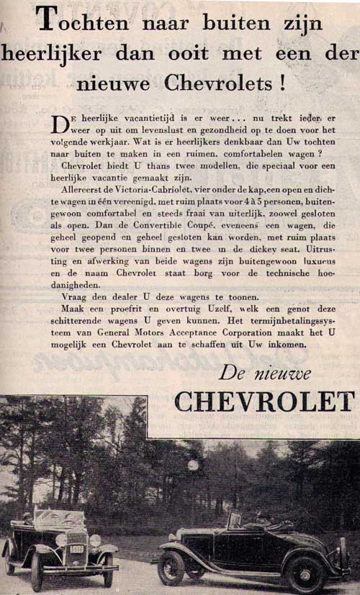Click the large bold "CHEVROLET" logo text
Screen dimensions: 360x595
click(264, 401)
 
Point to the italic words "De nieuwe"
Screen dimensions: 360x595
click(266, 373)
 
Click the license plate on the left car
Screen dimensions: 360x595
click(77, 549)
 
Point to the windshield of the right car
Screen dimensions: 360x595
click(235, 520)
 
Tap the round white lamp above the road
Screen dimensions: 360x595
click(192, 465)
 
